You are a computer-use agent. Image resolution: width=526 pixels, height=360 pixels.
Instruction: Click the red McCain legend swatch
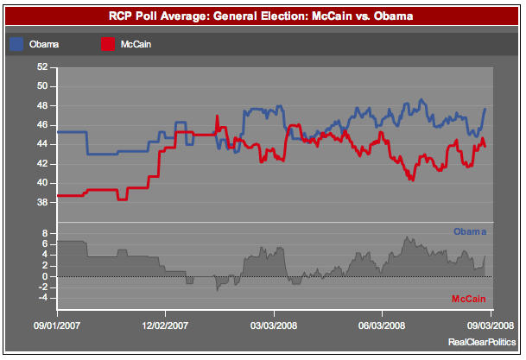109,43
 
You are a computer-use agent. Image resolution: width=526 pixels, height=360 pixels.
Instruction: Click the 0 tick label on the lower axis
47,276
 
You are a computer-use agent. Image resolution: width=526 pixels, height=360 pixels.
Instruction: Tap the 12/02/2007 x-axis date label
165,326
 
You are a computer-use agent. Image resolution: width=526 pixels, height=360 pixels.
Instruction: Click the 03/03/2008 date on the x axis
274,326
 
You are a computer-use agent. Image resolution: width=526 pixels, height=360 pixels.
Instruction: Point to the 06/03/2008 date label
382,326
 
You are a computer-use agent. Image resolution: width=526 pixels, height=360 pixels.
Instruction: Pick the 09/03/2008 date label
490,326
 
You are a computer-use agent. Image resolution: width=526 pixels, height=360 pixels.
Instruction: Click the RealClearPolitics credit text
481,343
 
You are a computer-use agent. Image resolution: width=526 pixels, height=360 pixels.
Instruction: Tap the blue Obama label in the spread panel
470,231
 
